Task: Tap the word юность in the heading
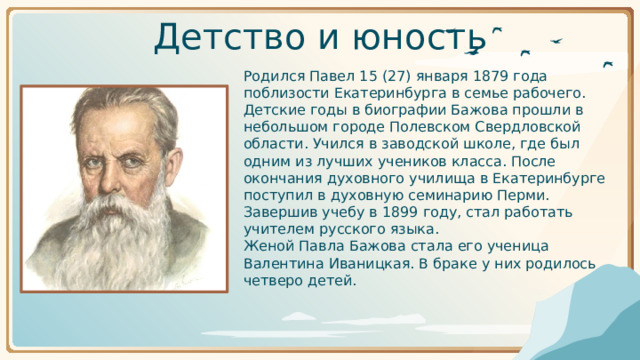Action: [419, 37]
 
